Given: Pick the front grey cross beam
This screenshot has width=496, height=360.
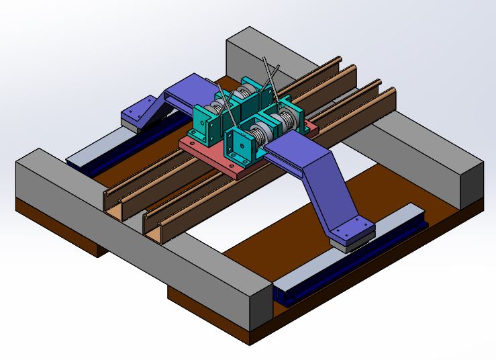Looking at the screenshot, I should (x=134, y=222).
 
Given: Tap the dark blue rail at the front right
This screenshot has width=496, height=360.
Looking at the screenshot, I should (x=349, y=269).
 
